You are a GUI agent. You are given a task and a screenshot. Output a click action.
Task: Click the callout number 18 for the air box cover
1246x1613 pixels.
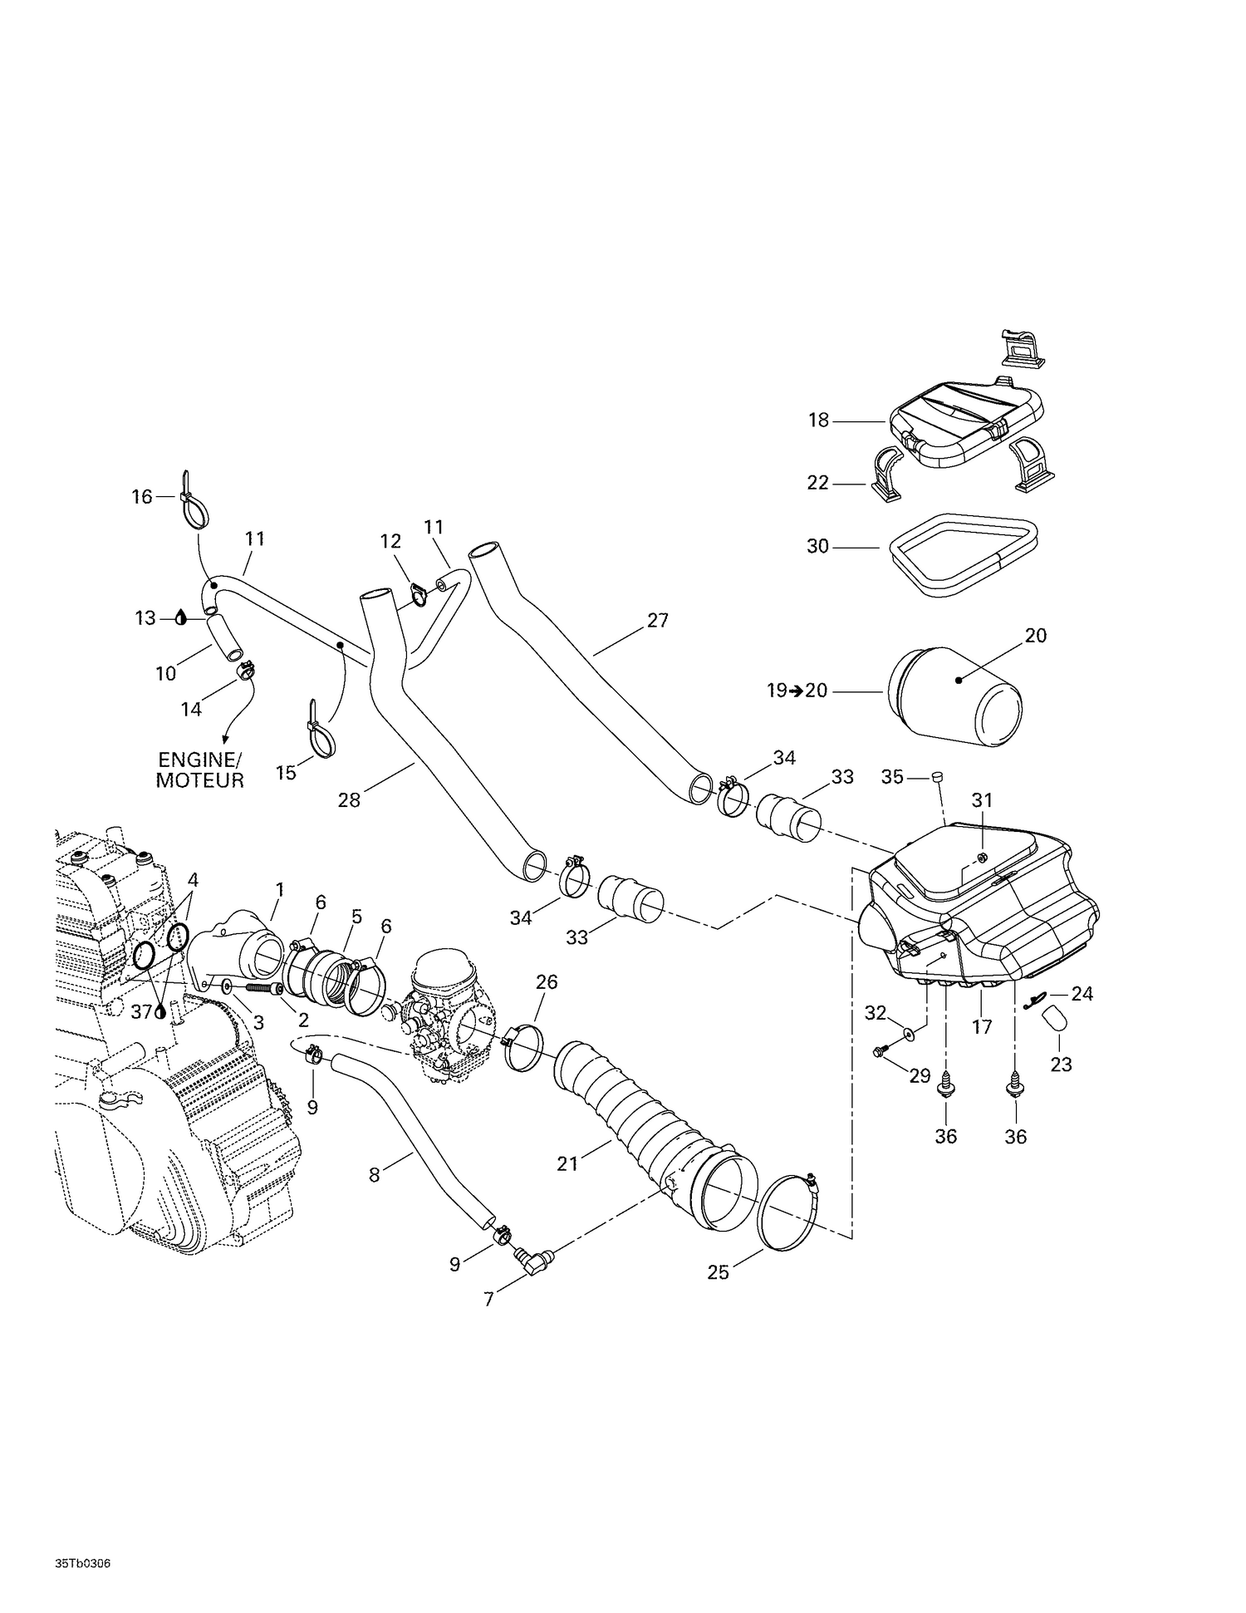tap(819, 420)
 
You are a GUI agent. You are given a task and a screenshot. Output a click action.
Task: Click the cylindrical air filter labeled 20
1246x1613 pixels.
tap(955, 692)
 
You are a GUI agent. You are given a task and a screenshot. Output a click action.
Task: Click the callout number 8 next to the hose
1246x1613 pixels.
tap(374, 1174)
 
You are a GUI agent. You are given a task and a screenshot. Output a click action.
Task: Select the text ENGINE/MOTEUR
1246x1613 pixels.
tap(200, 770)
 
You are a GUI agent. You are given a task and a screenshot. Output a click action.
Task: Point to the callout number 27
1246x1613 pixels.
tap(657, 620)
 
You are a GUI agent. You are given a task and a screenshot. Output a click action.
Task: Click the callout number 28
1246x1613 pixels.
tap(349, 800)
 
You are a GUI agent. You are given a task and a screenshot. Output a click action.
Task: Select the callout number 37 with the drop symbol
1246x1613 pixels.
tap(142, 1011)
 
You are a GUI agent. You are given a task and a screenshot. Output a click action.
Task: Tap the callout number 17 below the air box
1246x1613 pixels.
tap(982, 1027)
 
